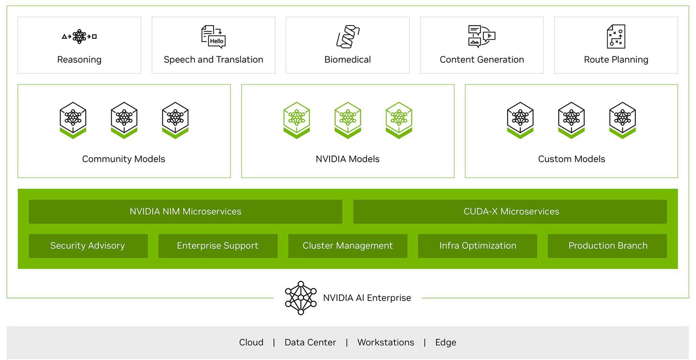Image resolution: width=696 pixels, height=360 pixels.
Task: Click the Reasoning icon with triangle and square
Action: pyautogui.click(x=79, y=37)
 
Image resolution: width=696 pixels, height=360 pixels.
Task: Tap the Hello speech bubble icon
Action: pyautogui.click(x=214, y=37)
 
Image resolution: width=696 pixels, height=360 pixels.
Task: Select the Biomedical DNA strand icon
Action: pyautogui.click(x=348, y=37)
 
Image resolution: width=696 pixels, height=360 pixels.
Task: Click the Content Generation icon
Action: pyautogui.click(x=482, y=36)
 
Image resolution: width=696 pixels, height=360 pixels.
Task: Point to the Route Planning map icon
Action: pyautogui.click(x=616, y=37)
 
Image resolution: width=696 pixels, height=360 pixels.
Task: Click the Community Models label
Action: pyautogui.click(x=123, y=159)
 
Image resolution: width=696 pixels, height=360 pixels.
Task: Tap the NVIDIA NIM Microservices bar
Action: pyautogui.click(x=185, y=212)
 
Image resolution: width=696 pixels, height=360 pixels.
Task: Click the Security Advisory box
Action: pyautogui.click(x=88, y=246)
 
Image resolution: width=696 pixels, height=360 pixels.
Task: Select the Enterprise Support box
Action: pyautogui.click(x=218, y=246)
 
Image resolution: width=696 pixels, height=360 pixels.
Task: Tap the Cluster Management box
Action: pyautogui.click(x=347, y=246)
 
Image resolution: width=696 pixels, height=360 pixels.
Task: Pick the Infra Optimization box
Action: pyautogui.click(x=477, y=246)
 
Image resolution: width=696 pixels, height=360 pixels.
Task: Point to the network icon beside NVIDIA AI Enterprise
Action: pyautogui.click(x=300, y=298)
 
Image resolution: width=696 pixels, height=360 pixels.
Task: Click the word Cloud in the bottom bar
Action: pyautogui.click(x=251, y=342)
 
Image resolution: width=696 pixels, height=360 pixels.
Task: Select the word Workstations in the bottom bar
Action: pyautogui.click(x=385, y=342)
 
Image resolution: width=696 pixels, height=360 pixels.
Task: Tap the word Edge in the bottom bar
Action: pyautogui.click(x=445, y=342)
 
